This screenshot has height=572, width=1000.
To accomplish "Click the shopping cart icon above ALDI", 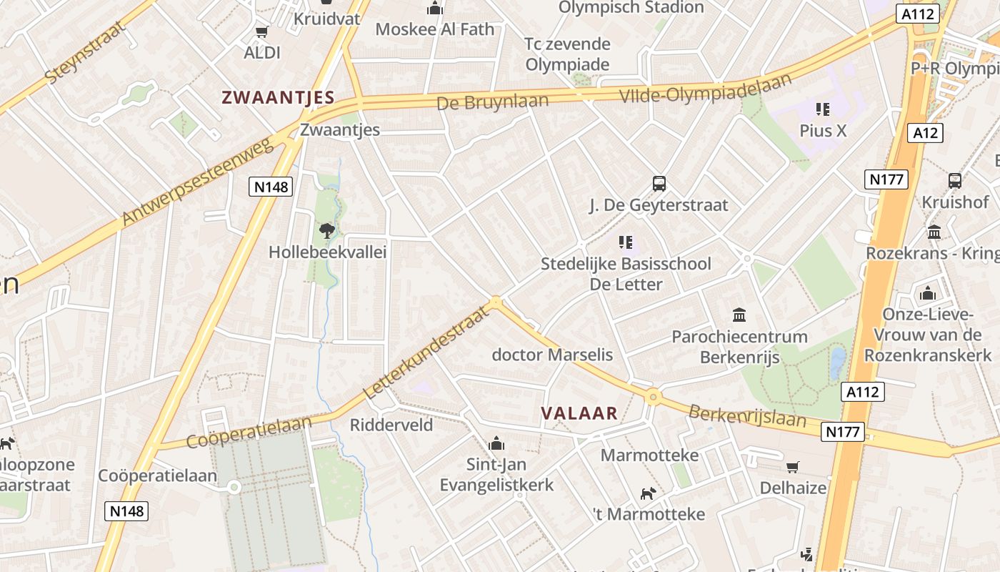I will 261,31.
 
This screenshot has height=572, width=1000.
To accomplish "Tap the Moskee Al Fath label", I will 434,29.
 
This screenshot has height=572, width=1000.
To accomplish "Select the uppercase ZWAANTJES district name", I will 278,98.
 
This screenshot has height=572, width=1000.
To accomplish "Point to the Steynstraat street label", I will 84,52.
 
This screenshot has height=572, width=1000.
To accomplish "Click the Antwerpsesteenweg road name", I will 198,182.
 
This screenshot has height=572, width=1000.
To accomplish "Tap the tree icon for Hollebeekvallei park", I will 327,230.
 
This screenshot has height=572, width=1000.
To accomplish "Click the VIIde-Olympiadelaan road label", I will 706,88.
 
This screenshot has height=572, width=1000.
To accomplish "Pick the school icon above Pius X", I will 822,109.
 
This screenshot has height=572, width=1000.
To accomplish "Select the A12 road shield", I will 926,132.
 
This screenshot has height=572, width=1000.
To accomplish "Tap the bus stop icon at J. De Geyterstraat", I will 659,184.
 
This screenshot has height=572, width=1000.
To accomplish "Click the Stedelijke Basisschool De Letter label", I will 626,274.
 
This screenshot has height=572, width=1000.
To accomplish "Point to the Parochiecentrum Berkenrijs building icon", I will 739,315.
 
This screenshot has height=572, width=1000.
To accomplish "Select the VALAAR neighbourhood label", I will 579,413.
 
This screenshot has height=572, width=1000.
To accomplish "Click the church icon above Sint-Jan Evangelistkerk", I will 496,444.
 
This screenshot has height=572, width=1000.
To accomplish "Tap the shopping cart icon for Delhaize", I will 792,467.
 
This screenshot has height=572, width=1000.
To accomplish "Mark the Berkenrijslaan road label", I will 747,416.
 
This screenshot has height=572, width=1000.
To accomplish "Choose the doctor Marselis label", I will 552,355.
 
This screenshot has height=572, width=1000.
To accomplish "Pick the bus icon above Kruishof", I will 954,181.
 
